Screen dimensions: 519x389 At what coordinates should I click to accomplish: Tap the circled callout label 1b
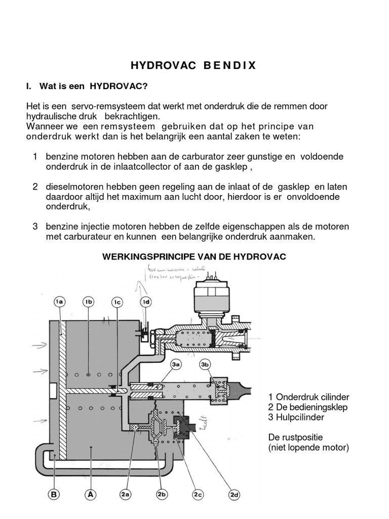pyautogui.click(x=89, y=302)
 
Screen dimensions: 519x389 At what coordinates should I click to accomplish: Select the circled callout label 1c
pyautogui.click(x=117, y=303)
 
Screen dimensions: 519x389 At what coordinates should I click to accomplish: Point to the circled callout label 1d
pyautogui.click(x=146, y=303)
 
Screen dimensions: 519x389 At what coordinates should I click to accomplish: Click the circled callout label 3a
pyautogui.click(x=176, y=364)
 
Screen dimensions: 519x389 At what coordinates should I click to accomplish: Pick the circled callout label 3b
pyautogui.click(x=205, y=364)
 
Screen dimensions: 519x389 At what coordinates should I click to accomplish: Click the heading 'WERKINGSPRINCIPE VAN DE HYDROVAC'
pyautogui.click(x=194, y=257)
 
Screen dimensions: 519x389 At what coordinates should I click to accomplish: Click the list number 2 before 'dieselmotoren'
pyautogui.click(x=36, y=187)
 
